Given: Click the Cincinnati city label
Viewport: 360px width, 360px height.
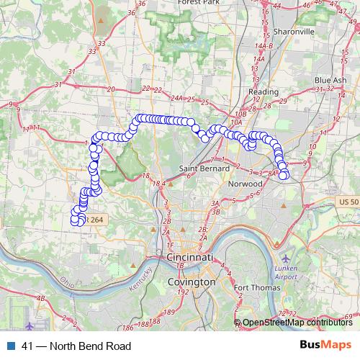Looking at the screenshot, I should point(190,258).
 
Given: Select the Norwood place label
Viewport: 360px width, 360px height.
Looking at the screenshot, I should point(245,184).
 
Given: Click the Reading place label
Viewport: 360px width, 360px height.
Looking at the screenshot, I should point(262,92).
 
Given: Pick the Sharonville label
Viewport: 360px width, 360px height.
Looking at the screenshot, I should point(294,32).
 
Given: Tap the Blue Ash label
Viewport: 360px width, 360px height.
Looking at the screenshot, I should point(330,80).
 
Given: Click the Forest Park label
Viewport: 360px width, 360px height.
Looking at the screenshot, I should point(202,3).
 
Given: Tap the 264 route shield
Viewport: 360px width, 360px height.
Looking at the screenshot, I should point(96,220).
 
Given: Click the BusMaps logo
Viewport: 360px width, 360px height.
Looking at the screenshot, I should point(325,346).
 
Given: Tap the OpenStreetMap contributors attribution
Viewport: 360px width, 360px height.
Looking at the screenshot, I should point(297,323).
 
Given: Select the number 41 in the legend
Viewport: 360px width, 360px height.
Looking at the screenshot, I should point(27,346).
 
